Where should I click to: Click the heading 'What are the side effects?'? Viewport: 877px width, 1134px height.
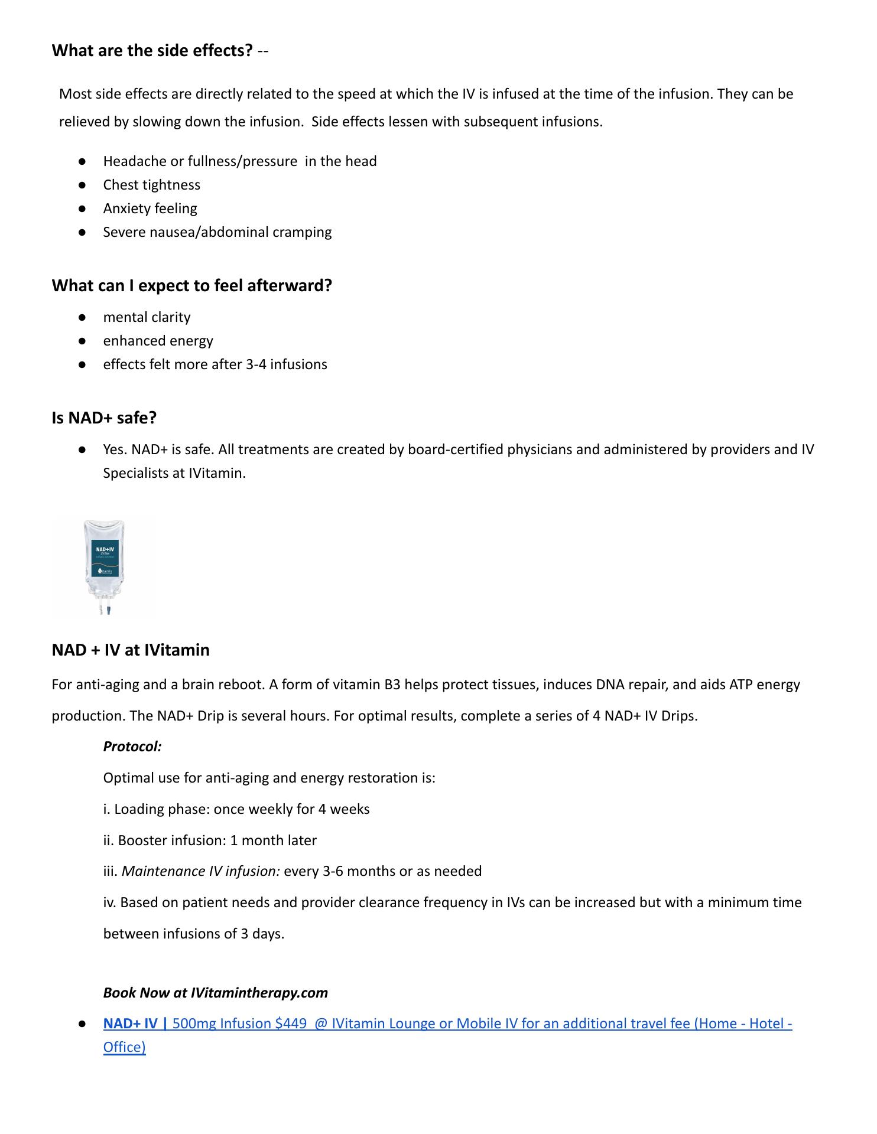[x=152, y=51]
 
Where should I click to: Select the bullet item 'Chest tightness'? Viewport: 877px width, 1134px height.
[x=151, y=185]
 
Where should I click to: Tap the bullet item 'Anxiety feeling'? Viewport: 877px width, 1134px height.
[x=150, y=208]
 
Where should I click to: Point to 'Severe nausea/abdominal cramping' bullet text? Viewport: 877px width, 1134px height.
[x=217, y=232]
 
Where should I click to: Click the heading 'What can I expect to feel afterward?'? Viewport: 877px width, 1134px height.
[x=191, y=286]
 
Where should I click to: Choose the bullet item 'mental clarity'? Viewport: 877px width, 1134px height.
[x=147, y=317]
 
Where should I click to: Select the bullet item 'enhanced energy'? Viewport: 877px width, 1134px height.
[x=158, y=341]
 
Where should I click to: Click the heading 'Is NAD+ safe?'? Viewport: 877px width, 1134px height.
[x=104, y=418]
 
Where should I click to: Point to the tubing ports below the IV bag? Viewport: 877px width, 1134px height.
[x=105, y=608]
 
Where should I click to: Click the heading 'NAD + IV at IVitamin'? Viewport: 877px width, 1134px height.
[x=131, y=650]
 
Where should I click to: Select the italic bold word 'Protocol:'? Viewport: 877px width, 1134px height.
[x=132, y=747]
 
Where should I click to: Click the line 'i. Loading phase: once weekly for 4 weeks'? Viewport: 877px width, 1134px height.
[x=236, y=809]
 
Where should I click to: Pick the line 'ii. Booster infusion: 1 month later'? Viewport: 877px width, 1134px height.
[x=210, y=840]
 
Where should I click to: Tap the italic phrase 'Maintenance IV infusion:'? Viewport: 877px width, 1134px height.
[x=201, y=871]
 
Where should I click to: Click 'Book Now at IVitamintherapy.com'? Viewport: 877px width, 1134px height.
[x=215, y=993]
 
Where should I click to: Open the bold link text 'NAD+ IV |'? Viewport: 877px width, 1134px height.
[x=135, y=1024]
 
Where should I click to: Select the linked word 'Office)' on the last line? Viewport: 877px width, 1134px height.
[x=124, y=1047]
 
